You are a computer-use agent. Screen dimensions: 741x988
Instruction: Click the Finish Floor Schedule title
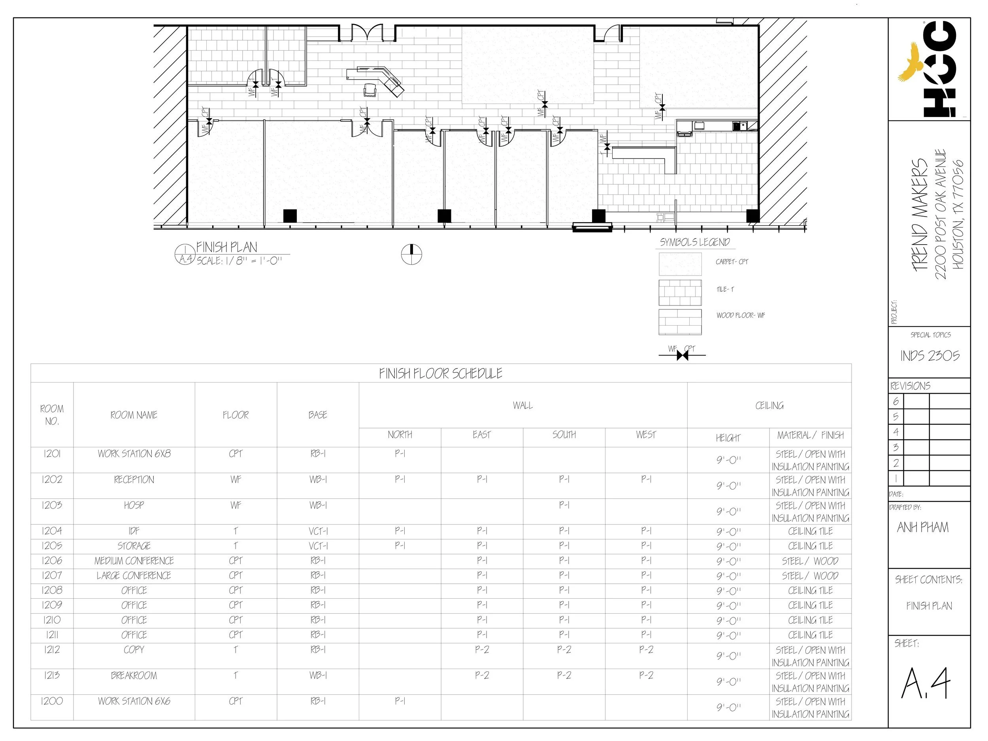pos(440,373)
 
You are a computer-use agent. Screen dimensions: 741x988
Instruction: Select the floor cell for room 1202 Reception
pos(236,480)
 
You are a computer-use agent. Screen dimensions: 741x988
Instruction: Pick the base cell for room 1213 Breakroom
pos(318,675)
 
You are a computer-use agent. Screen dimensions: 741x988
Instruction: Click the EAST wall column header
pos(481,435)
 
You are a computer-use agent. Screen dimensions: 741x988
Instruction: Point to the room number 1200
pos(52,701)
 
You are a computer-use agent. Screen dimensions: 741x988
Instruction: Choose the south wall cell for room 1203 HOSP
pos(564,505)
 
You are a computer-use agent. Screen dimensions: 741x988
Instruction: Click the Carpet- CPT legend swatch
pos(680,264)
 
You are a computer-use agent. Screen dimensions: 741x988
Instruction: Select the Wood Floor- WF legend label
pos(741,315)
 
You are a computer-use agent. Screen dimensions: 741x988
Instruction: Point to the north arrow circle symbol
pos(411,254)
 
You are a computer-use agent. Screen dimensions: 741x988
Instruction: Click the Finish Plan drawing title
pos(227,247)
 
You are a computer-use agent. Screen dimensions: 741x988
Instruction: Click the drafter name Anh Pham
pos(922,528)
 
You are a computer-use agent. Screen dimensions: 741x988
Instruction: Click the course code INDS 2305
pos(930,356)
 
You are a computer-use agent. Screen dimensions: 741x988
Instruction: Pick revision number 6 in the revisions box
pos(896,402)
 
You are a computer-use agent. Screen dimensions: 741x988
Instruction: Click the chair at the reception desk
pos(370,90)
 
